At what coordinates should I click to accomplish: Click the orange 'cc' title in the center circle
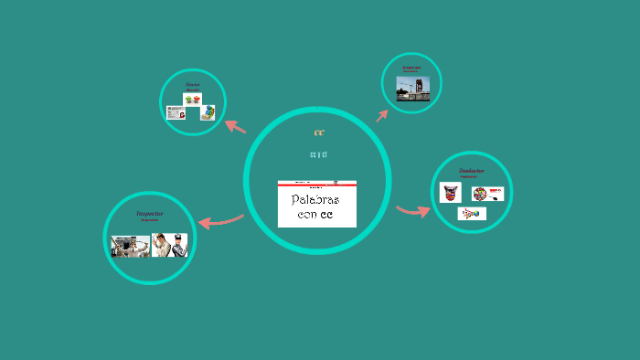[x=318, y=132]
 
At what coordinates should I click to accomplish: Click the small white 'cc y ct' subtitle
[x=318, y=154]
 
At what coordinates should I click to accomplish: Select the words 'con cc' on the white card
[x=315, y=215]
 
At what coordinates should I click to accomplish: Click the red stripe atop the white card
[x=316, y=184]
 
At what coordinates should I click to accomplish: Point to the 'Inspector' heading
[x=149, y=213]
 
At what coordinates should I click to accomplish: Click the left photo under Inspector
[x=130, y=245]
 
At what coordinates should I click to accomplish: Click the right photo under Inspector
[x=170, y=245]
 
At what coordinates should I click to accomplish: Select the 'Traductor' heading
[x=472, y=170]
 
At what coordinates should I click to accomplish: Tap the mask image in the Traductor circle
[x=451, y=193]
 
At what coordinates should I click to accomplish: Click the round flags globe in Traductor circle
[x=481, y=194]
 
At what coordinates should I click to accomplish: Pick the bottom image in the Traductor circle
[x=472, y=214]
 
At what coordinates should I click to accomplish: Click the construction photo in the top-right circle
[x=412, y=89]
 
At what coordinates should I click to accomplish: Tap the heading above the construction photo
[x=411, y=67]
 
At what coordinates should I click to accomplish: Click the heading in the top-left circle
[x=192, y=85]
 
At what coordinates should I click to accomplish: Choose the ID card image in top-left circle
[x=176, y=112]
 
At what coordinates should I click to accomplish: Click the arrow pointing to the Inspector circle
[x=219, y=220]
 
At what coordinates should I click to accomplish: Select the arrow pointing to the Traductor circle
[x=413, y=211]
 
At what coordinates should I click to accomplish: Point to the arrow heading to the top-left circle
[x=235, y=127]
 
